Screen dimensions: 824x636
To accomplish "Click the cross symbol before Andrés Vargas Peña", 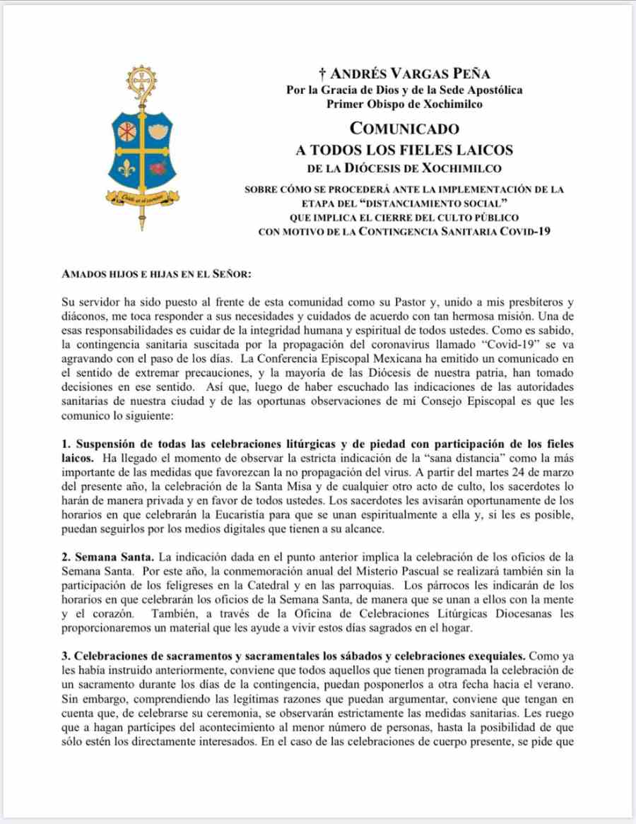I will point(322,73).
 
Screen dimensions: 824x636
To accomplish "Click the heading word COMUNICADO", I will point(405,129).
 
